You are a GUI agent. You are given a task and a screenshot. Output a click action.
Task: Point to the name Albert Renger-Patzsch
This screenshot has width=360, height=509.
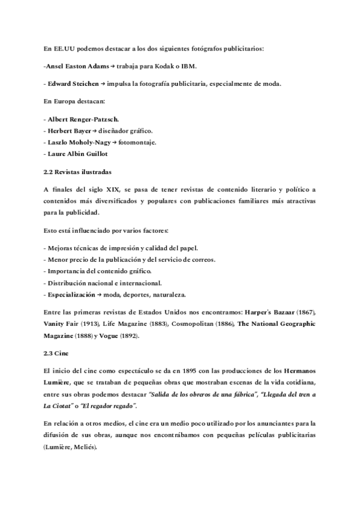tap(82, 119)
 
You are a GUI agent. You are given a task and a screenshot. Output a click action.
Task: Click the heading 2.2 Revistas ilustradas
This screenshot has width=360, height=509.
tap(77, 171)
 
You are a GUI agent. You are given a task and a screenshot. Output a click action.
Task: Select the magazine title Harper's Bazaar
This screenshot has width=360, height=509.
tap(272, 312)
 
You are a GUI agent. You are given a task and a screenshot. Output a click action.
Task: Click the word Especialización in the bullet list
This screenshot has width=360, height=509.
tap(71, 295)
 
